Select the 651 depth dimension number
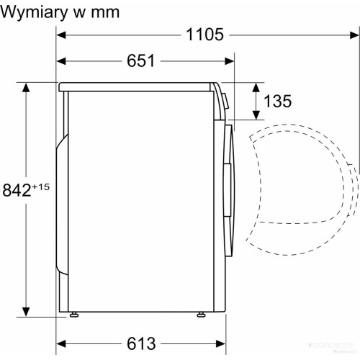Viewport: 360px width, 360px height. pyautogui.click(x=141, y=60)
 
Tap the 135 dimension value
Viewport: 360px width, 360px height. pyautogui.click(x=277, y=101)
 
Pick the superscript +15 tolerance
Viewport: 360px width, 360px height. pyautogui.click(x=42, y=186)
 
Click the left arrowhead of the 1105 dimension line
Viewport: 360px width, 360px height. pyautogui.click(x=61, y=35)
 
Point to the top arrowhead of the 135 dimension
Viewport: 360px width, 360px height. pyautogui.click(x=256, y=86)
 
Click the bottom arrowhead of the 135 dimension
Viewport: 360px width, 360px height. pyautogui.click(x=256, y=115)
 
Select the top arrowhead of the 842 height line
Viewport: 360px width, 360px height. pyautogui.click(x=27, y=88)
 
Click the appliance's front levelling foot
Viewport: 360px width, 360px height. pyautogui.click(x=200, y=315)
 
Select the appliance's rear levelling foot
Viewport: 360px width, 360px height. pyautogui.click(x=73, y=315)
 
